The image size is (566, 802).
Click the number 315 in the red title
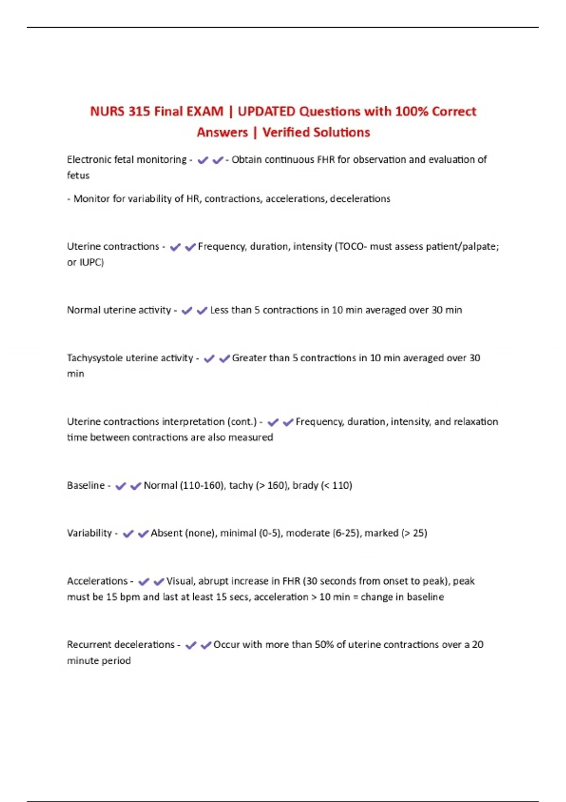[x=139, y=111]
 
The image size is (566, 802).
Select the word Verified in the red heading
[x=288, y=132]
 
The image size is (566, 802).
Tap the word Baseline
[x=85, y=485]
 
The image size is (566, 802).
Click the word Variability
[x=89, y=533]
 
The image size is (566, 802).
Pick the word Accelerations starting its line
[x=97, y=581]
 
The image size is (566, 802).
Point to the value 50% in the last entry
[x=324, y=644]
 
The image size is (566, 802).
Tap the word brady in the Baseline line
[x=305, y=485]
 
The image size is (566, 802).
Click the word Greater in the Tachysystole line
[x=248, y=358]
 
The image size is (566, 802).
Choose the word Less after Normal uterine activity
[x=219, y=310]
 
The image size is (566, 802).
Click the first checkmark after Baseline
[x=120, y=486]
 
